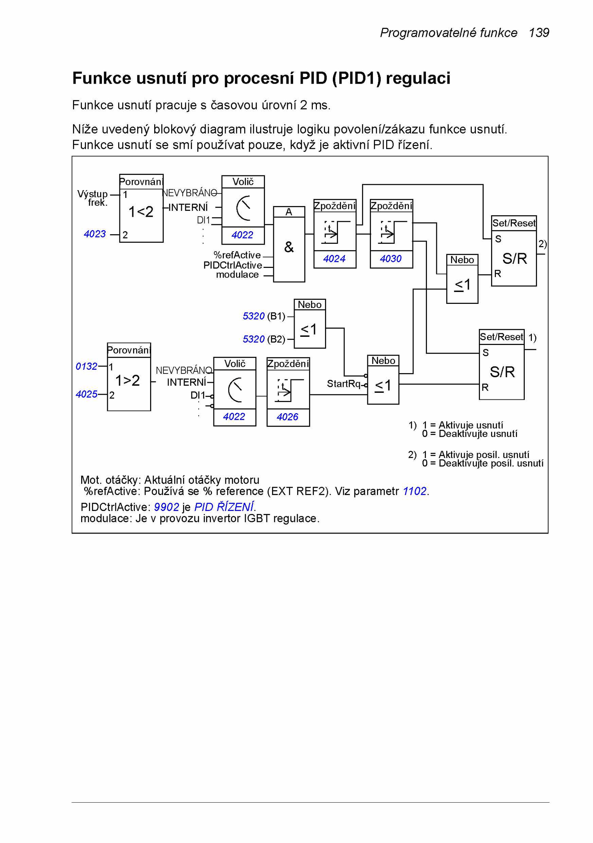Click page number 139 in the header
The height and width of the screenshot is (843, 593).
[539, 33]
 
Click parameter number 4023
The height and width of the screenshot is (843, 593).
[95, 234]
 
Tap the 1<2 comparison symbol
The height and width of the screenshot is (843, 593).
[141, 212]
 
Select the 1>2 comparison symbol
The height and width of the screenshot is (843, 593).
[127, 380]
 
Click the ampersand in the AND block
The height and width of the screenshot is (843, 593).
[289, 247]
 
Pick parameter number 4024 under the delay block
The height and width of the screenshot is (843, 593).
[334, 259]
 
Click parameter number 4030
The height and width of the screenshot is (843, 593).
[391, 259]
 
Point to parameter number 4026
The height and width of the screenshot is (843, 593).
[287, 417]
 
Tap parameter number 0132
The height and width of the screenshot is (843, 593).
[86, 366]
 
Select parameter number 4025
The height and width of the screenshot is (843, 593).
[86, 394]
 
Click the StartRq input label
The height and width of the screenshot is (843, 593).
[344, 384]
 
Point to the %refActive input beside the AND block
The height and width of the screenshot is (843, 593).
[237, 255]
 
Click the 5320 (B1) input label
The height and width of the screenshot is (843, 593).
[264, 316]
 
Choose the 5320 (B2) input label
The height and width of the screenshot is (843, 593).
[264, 339]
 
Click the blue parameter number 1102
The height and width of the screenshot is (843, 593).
[415, 491]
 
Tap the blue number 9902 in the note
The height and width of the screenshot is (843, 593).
[166, 507]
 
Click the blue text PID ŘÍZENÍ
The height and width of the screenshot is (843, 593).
[224, 507]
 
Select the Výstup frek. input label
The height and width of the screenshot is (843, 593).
[93, 198]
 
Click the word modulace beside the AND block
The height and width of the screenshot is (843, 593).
[237, 275]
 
